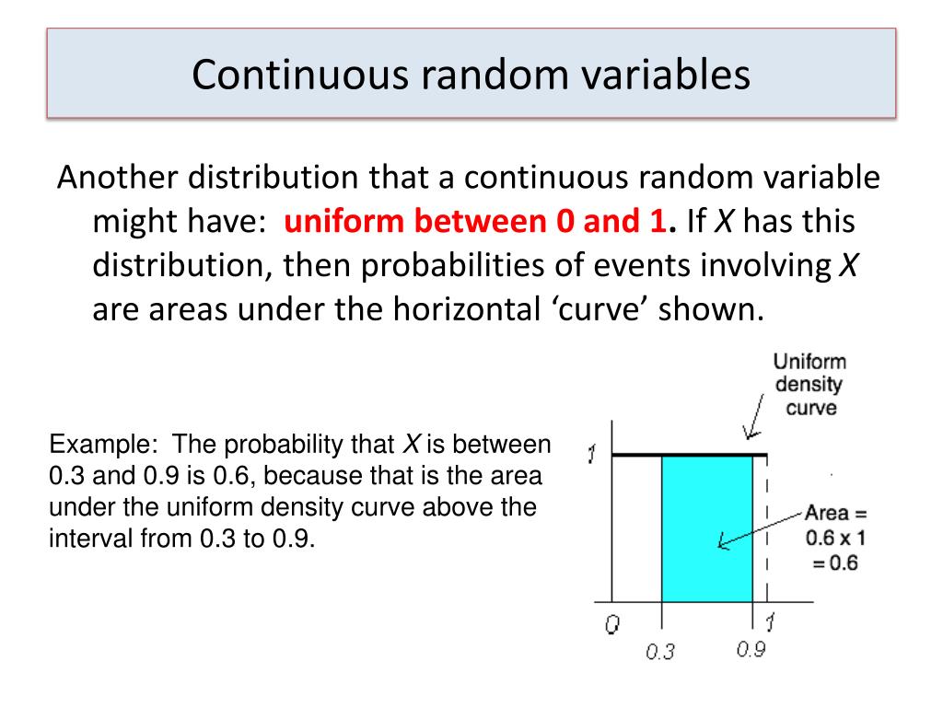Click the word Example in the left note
pyautogui.click(x=99, y=446)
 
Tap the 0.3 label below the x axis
pyautogui.click(x=660, y=653)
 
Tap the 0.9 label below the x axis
pyautogui.click(x=751, y=649)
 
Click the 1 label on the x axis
pyautogui.click(x=770, y=624)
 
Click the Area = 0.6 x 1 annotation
pyautogui.click(x=834, y=538)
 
